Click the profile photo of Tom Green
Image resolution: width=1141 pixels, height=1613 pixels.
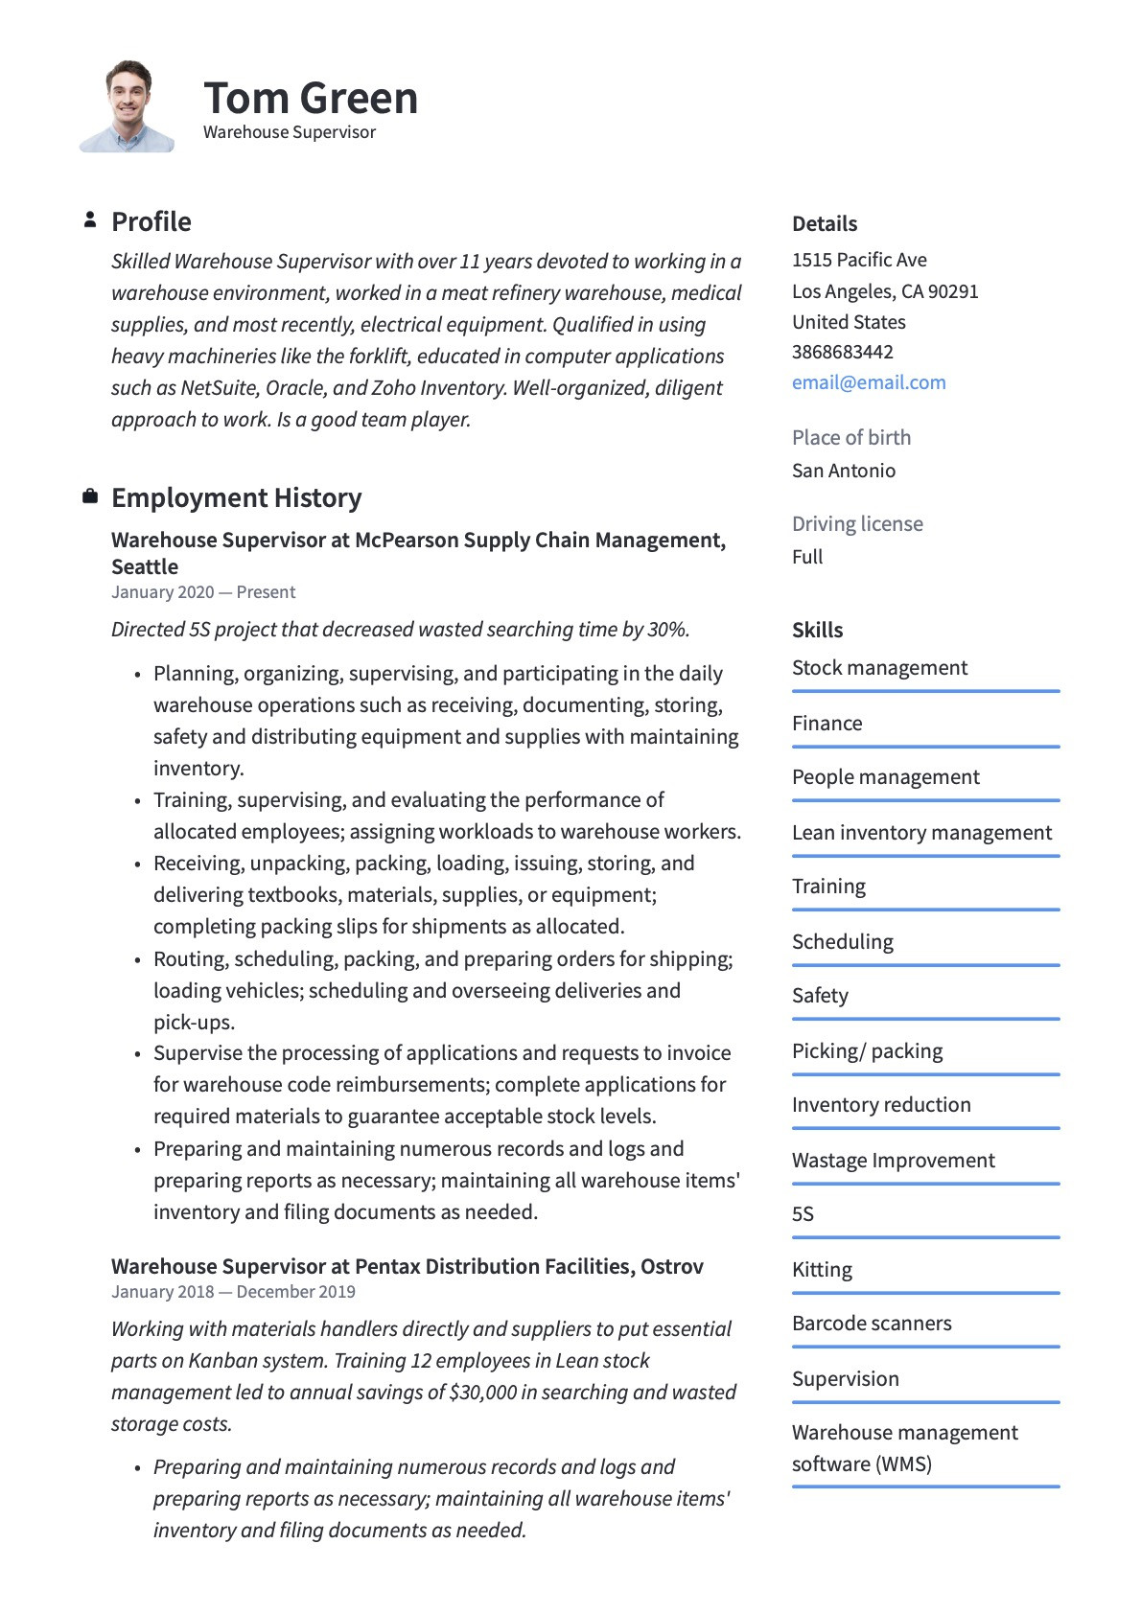(x=128, y=106)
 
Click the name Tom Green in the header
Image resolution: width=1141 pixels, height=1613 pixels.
(x=311, y=98)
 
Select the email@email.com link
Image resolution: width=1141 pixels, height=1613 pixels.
(x=869, y=382)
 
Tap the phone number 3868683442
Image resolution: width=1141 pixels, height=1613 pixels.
(x=842, y=352)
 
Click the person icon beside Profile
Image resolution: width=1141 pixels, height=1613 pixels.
(x=90, y=220)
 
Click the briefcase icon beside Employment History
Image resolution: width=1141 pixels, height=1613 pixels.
(x=90, y=496)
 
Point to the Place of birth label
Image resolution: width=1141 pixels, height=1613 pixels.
(x=851, y=437)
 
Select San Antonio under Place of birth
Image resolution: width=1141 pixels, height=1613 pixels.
(x=844, y=471)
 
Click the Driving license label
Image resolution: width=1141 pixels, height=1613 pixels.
(x=857, y=523)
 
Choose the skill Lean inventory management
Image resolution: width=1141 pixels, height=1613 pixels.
(x=921, y=832)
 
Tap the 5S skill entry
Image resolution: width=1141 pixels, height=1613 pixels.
(x=803, y=1213)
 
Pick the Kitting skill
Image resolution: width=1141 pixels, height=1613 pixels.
(x=822, y=1269)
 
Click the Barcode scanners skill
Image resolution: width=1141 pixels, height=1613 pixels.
(x=872, y=1323)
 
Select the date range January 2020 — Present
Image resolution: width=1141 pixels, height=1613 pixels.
(x=203, y=591)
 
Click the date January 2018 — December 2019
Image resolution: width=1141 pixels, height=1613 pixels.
(x=233, y=1291)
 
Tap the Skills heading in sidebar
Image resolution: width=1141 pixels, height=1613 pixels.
(x=817, y=630)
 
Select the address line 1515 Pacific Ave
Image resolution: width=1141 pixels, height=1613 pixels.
(x=859, y=260)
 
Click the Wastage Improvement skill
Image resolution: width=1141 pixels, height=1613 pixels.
(x=893, y=1160)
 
